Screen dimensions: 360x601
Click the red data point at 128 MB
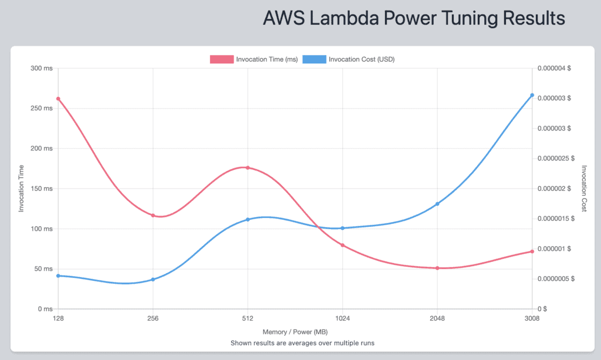pos(58,99)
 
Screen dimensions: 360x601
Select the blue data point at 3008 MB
pos(532,95)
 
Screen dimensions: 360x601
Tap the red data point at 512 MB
pos(248,168)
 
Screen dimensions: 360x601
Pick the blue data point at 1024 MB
pos(343,228)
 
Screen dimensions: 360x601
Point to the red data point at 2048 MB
pos(437,268)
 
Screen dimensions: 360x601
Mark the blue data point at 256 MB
pos(153,280)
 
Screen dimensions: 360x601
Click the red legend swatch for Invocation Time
pos(221,59)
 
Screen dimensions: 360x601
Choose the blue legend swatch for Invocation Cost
pos(314,59)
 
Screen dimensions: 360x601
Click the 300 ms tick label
pos(42,69)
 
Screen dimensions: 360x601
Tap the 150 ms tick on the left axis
pos(42,189)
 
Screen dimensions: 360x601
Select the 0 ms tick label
pos(45,309)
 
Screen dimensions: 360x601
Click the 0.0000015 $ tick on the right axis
pos(557,218)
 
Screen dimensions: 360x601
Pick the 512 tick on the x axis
pos(248,319)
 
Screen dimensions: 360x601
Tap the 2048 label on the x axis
pos(437,319)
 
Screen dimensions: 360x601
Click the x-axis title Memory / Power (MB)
pos(295,332)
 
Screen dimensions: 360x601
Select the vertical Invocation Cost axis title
pos(583,189)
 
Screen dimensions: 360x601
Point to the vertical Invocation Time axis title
pos(21,189)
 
